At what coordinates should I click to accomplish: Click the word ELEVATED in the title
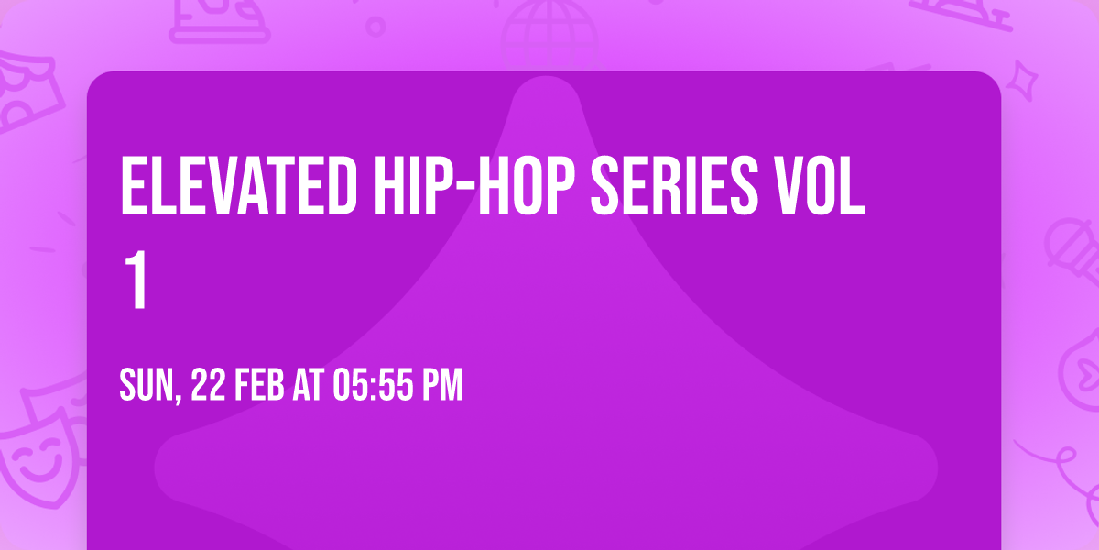pyautogui.click(x=238, y=185)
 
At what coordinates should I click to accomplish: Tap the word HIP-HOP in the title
pyautogui.click(x=474, y=185)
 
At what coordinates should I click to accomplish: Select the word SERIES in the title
pyautogui.click(x=674, y=185)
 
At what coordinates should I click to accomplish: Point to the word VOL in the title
pyautogui.click(x=820, y=185)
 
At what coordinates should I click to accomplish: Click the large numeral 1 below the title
pyautogui.click(x=136, y=279)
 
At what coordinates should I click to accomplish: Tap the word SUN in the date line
pyautogui.click(x=147, y=386)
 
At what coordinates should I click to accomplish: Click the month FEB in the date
pyautogui.click(x=259, y=386)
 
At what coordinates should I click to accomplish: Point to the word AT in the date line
pyautogui.click(x=308, y=386)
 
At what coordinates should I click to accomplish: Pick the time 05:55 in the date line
pyautogui.click(x=373, y=386)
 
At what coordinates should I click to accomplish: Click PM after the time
pyautogui.click(x=442, y=386)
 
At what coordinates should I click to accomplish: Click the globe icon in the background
pyautogui.click(x=549, y=35)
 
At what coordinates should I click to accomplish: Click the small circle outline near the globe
pyautogui.click(x=375, y=27)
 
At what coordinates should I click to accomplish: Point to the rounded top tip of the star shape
pyautogui.click(x=546, y=79)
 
